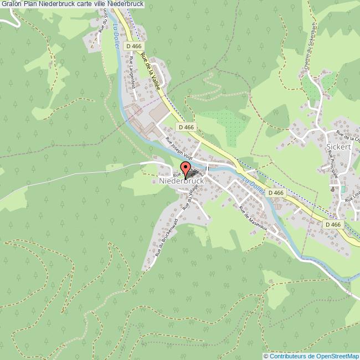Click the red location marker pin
coord(186,169)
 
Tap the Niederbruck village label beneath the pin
coord(182,181)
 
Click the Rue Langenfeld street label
coord(132,73)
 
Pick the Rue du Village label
coord(192,197)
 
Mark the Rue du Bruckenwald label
coord(166,237)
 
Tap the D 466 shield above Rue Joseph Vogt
coord(187,127)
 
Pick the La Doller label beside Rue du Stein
coord(116,38)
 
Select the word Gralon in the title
coord(11,4)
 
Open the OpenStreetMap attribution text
coord(311,356)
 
